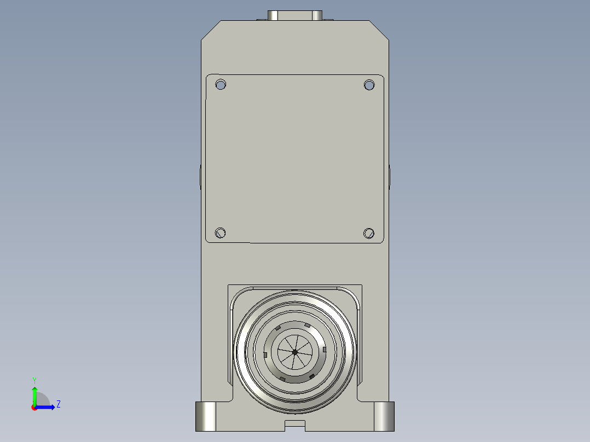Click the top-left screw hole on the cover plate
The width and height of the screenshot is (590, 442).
[221, 85]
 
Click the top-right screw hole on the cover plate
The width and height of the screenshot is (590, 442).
[369, 85]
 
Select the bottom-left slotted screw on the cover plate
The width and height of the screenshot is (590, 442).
[221, 233]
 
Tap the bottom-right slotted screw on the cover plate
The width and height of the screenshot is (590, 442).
[369, 233]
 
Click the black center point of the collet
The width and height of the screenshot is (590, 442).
[295, 352]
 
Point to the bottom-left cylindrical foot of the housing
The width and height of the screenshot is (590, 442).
[206, 416]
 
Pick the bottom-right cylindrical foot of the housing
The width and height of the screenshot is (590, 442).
[384, 416]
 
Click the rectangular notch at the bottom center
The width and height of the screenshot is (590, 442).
[295, 424]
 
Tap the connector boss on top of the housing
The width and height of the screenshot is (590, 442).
[295, 15]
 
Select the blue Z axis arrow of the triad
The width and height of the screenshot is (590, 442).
[47, 407]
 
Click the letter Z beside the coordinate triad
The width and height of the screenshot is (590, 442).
[58, 404]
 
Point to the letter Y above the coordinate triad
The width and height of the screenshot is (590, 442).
[34, 380]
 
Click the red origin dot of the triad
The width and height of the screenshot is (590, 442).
[34, 408]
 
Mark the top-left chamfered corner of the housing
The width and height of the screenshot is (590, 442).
[211, 30]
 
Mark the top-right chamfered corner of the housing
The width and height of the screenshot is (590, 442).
[379, 30]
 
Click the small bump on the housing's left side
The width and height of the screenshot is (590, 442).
[200, 176]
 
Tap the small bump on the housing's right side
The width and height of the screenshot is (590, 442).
[390, 176]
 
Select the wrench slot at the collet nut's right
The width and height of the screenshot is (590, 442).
[325, 349]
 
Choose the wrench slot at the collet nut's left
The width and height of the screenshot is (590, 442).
[265, 354]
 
